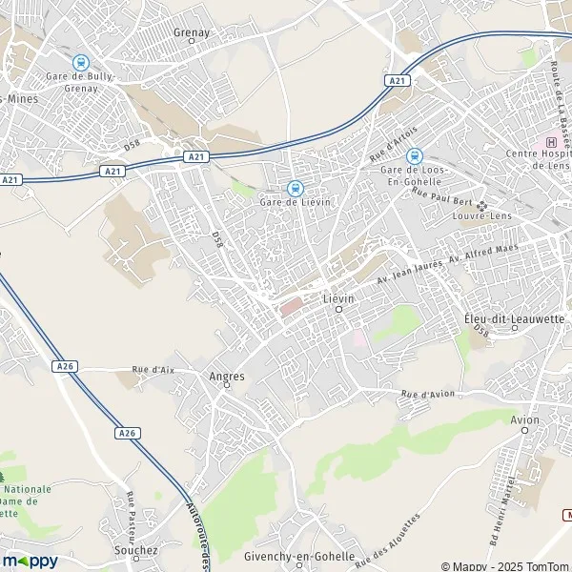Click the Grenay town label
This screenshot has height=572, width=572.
coord(191,31)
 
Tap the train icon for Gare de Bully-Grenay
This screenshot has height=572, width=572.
coord(80,62)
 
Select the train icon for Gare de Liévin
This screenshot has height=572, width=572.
coord(295,188)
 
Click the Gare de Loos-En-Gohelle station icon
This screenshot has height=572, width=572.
coord(414,155)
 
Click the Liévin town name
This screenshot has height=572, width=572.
coord(338,297)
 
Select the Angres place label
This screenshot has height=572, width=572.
coord(227,377)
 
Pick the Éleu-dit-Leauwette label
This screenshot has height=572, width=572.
coord(514,317)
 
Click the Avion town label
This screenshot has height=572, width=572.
coord(524,419)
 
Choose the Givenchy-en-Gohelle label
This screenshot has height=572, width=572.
coord(298,556)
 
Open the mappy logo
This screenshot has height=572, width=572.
coord(30,560)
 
